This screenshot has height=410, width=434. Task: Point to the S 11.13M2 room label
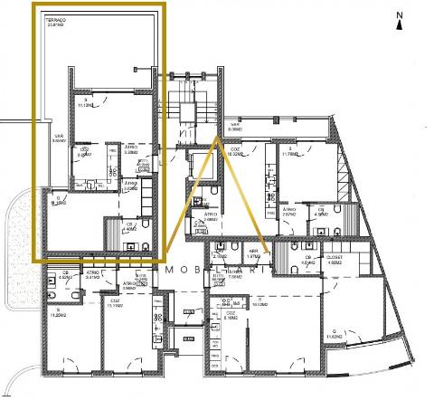pyautogui.click(x=89, y=101)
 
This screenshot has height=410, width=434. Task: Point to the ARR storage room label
pyautogui.click(x=254, y=256)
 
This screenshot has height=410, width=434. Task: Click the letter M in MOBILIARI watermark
pyautogui.click(x=167, y=270)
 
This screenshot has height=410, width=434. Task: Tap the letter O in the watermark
pyautogui.click(x=187, y=270)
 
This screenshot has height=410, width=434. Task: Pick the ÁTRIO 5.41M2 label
pyautogui.click(x=92, y=275)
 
